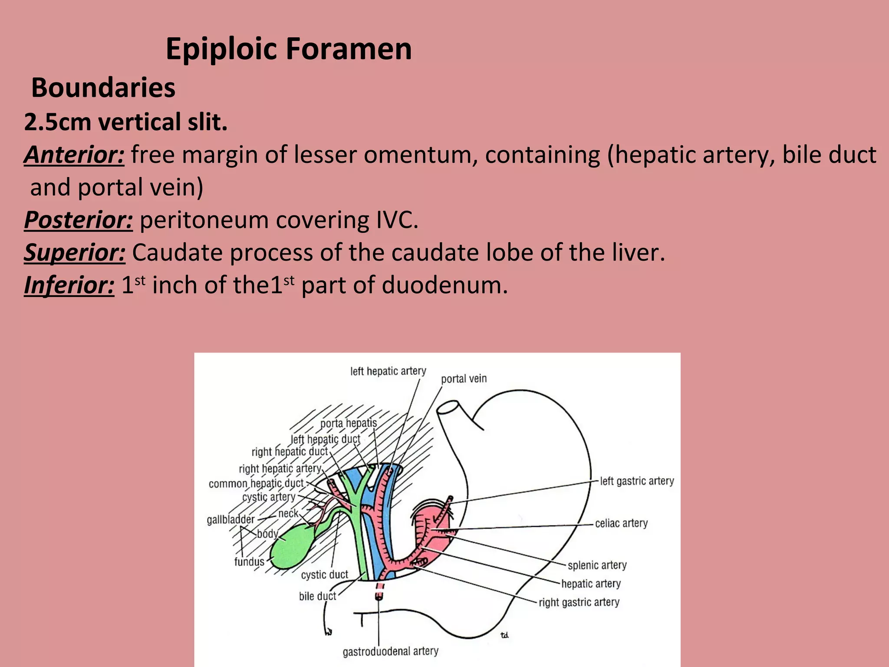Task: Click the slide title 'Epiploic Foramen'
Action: tap(289, 49)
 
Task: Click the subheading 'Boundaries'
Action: tap(103, 87)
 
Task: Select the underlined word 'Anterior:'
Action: tap(74, 155)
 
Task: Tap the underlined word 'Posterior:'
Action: tap(79, 220)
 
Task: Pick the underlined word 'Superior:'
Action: tap(75, 252)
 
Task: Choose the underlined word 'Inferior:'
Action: tap(69, 285)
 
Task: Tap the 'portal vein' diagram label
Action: tap(464, 379)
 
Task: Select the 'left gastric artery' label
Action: tap(637, 481)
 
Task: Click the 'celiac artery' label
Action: tap(621, 523)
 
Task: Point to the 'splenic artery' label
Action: tap(597, 565)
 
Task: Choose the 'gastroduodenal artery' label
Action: tap(390, 651)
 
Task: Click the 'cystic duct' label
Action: tap(324, 575)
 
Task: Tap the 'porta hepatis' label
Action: tap(349, 423)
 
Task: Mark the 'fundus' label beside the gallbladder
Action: tap(249, 561)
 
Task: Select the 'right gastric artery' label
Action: tap(579, 602)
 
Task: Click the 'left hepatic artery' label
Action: tap(388, 371)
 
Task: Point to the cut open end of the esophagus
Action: tap(448, 407)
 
